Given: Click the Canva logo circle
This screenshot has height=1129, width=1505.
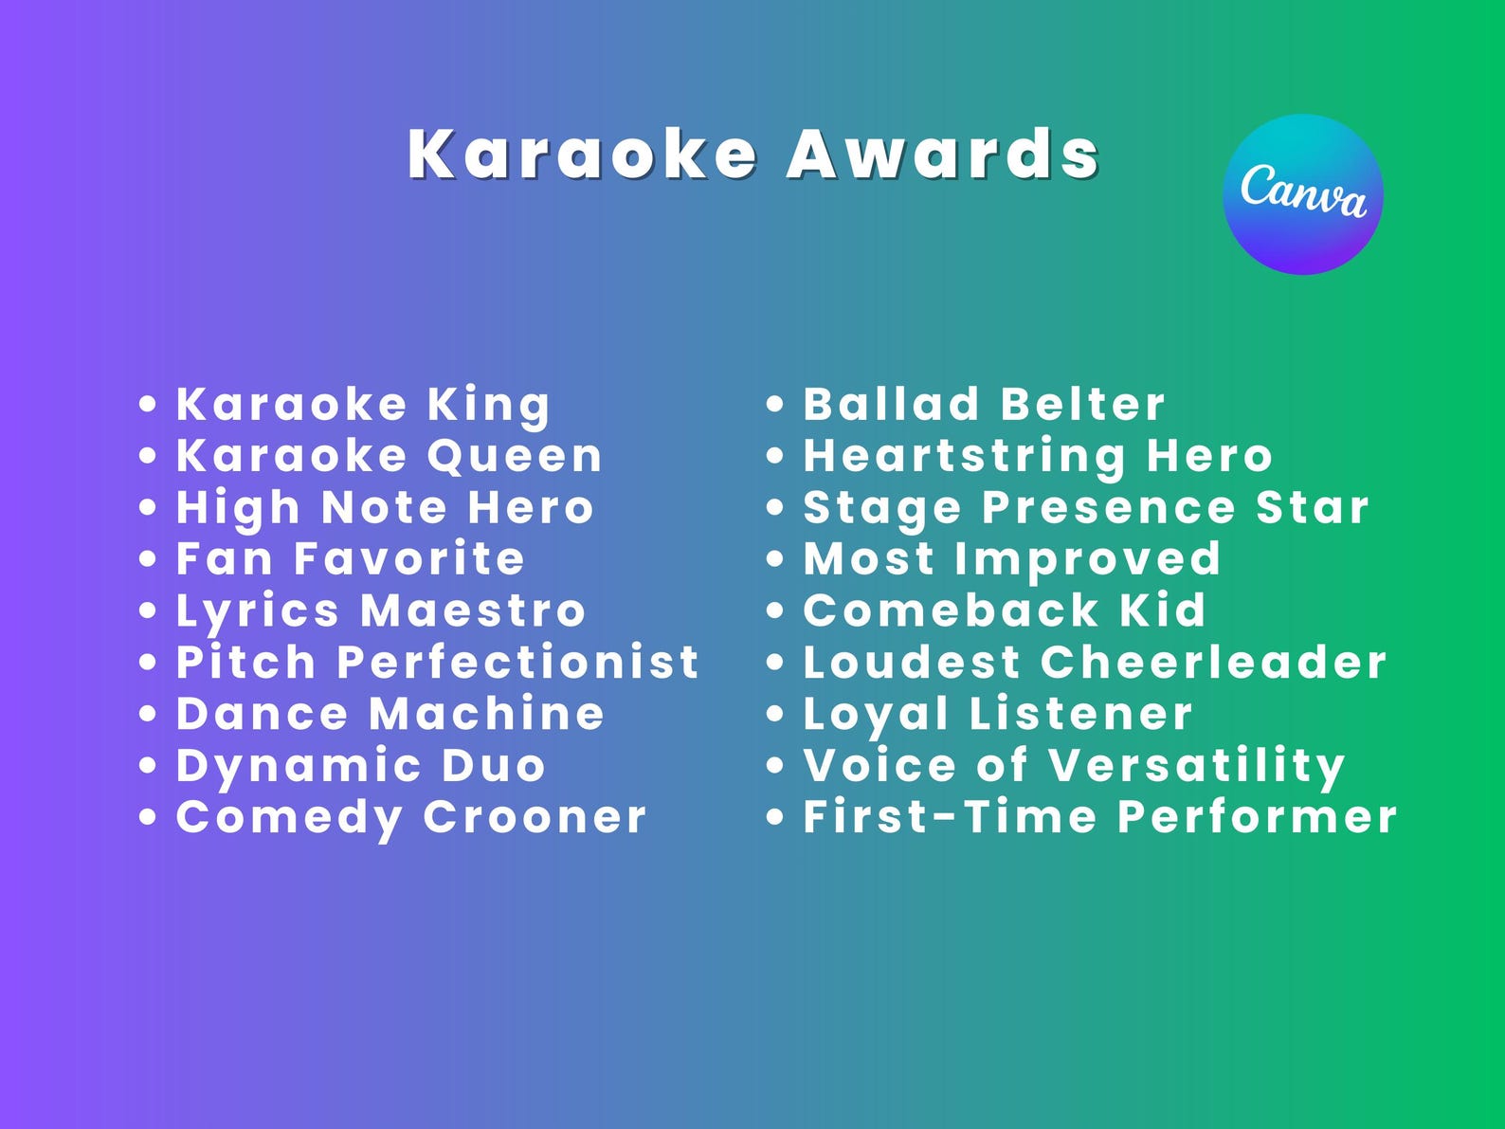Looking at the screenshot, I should [x=1303, y=194].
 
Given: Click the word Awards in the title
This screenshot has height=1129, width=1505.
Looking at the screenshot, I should [x=943, y=154].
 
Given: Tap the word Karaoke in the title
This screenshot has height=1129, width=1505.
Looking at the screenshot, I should [x=582, y=154].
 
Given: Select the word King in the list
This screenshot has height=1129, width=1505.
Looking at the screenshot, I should [x=488, y=406].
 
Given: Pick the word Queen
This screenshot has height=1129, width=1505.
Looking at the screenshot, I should [x=515, y=456].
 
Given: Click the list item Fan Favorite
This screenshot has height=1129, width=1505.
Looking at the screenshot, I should [x=350, y=558].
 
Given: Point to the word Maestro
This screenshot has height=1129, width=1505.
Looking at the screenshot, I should [x=474, y=610].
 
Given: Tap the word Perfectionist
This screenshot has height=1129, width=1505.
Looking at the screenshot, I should [x=518, y=662].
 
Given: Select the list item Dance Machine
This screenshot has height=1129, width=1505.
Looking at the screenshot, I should [x=390, y=714].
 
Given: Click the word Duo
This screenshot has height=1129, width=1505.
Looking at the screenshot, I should [x=494, y=766].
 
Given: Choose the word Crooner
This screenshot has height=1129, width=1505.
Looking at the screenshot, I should [x=535, y=817].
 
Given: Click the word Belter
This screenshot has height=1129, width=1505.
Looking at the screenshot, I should [x=1082, y=405].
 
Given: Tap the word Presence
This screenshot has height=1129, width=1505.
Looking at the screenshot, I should [x=1109, y=507].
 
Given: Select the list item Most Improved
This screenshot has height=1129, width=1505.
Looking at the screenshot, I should [x=1012, y=559].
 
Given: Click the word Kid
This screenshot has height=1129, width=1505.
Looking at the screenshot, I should [x=1162, y=610].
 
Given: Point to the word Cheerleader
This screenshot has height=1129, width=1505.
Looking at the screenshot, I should [x=1214, y=662].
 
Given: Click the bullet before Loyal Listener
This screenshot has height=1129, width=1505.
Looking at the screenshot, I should [x=775, y=714].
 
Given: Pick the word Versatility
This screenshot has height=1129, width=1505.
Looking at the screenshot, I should [x=1197, y=766].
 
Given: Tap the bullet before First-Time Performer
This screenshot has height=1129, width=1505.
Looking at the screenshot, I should [x=775, y=817].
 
